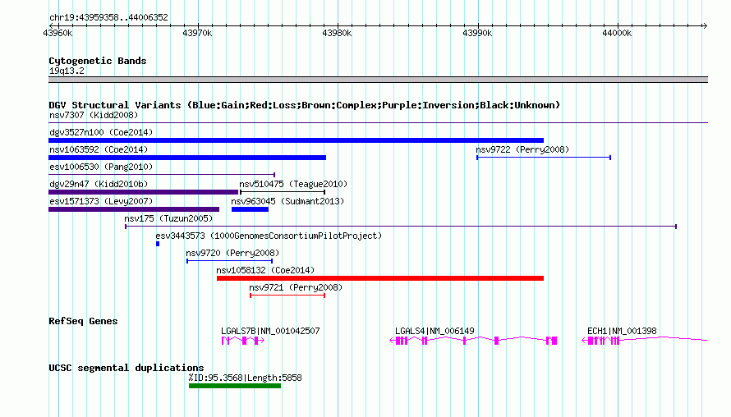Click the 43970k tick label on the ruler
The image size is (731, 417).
[197, 33]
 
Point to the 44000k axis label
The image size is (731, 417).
[617, 33]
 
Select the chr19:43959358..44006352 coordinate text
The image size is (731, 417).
[108, 17]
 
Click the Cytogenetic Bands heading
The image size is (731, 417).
[98, 61]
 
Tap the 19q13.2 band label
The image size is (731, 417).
[67, 71]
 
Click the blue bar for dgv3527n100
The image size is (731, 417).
[296, 140]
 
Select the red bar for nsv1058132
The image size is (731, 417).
[380, 278]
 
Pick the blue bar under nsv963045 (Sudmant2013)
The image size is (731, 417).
[250, 209]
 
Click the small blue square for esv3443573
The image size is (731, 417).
[158, 244]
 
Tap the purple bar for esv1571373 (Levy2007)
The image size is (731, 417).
[134, 209]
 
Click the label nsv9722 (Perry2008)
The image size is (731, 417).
[522, 149]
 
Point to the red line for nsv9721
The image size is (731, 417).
[287, 296]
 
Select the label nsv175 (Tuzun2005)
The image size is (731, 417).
[168, 218]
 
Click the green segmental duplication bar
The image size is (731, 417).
[235, 386]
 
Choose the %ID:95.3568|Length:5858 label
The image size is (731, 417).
[246, 378]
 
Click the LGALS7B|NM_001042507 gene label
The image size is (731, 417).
[270, 331]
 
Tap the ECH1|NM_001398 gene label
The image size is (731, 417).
[622, 331]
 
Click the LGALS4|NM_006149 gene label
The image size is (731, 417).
[434, 331]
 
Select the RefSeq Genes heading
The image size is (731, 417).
[83, 321]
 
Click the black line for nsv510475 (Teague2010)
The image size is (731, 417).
[283, 192]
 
